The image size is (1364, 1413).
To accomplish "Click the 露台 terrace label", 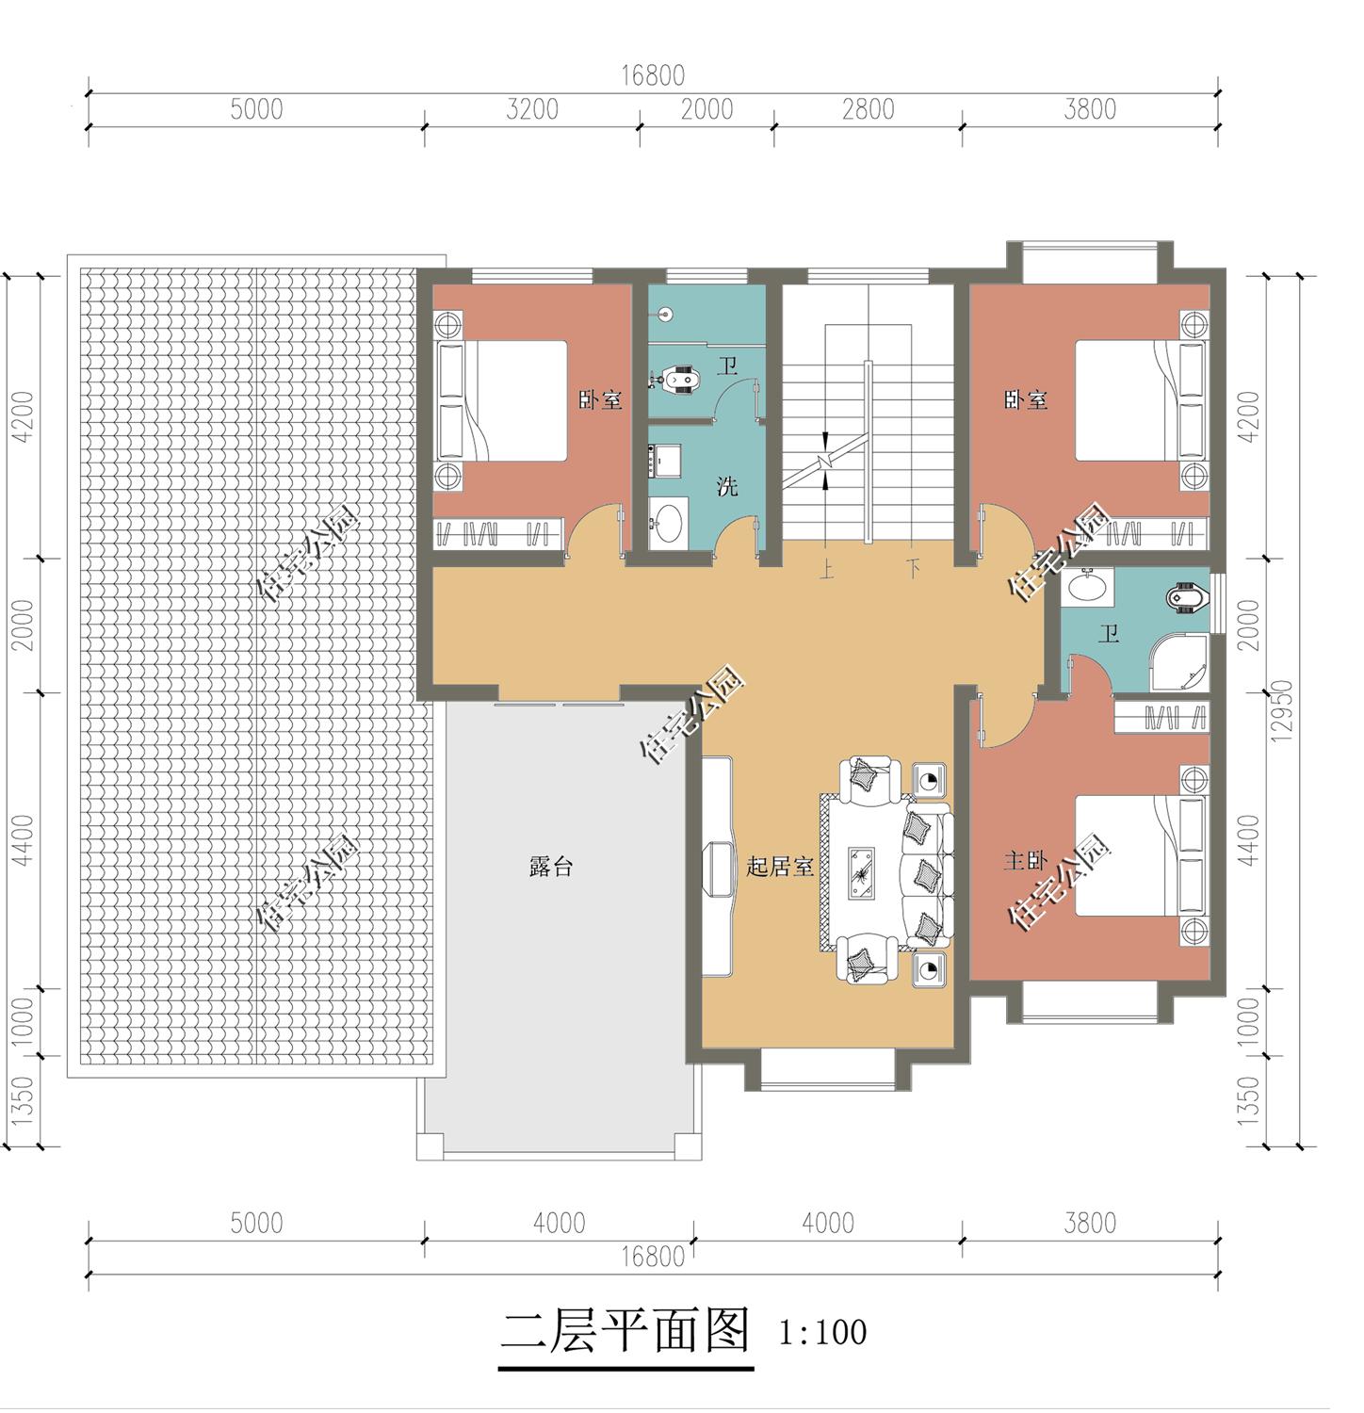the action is pyautogui.click(x=551, y=868).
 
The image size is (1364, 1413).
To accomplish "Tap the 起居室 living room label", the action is pyautogui.click(x=780, y=867).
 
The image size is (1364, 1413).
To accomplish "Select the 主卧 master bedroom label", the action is pyautogui.click(x=1025, y=860).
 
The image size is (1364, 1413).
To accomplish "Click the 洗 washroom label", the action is pyautogui.click(x=727, y=487).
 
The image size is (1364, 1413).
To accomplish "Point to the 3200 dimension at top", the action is pyautogui.click(x=532, y=109).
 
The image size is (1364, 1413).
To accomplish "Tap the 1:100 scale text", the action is pyautogui.click(x=822, y=1332).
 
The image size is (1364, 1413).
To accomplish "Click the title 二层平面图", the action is pyautogui.click(x=625, y=1332).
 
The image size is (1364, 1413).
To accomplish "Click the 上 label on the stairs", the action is pyautogui.click(x=827, y=570).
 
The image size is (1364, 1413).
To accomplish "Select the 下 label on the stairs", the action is pyautogui.click(x=913, y=570).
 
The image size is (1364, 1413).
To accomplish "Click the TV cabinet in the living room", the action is pyautogui.click(x=717, y=868).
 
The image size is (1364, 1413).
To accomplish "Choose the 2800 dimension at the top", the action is pyautogui.click(x=869, y=109).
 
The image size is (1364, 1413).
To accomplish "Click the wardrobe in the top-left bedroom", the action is pyautogui.click(x=497, y=533).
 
